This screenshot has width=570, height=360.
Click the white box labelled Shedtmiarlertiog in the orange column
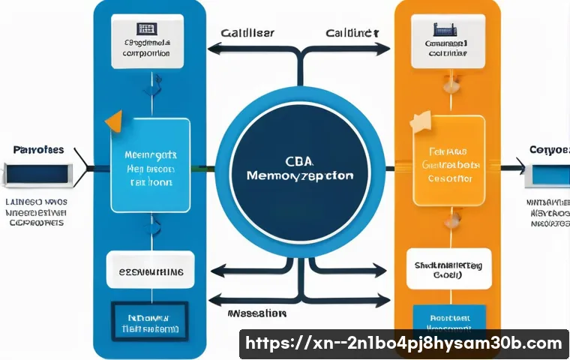[448, 268]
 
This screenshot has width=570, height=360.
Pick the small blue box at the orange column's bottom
[448, 317]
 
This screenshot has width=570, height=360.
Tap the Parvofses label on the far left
[38, 150]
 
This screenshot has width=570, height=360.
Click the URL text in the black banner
[403, 343]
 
